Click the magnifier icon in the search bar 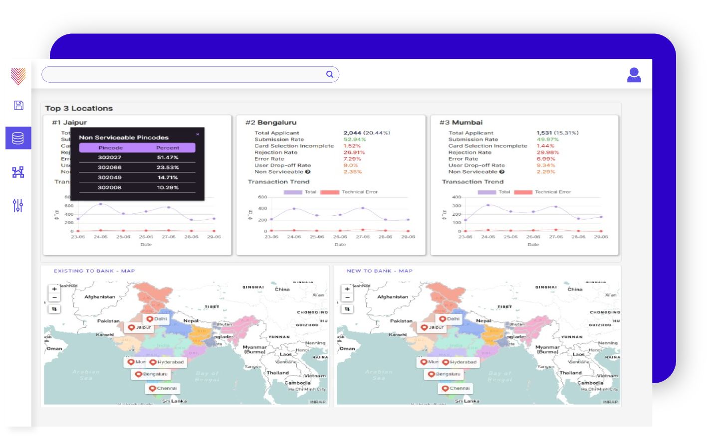pyautogui.click(x=330, y=74)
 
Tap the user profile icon pyautogui.click(x=634, y=75)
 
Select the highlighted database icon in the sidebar pyautogui.click(x=18, y=138)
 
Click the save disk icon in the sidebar pyautogui.click(x=18, y=105)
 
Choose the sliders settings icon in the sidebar pyautogui.click(x=18, y=205)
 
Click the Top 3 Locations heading pyautogui.click(x=79, y=109)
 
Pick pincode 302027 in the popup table pyautogui.click(x=110, y=157)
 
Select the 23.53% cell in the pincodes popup pyautogui.click(x=168, y=167)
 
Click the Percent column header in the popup pyautogui.click(x=168, y=148)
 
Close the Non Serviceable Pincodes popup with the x pyautogui.click(x=198, y=134)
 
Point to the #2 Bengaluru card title pyautogui.click(x=271, y=123)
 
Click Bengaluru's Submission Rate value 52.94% pyautogui.click(x=354, y=140)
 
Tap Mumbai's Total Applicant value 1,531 pyautogui.click(x=544, y=133)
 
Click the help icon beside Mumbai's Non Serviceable pyautogui.click(x=502, y=172)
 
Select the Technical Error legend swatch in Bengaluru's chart pyautogui.click(x=330, y=192)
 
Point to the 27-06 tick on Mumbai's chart pyautogui.click(x=556, y=237)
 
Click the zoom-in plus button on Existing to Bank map pyautogui.click(x=54, y=289)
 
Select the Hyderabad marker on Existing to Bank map pyautogui.click(x=153, y=362)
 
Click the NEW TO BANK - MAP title pyautogui.click(x=379, y=271)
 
